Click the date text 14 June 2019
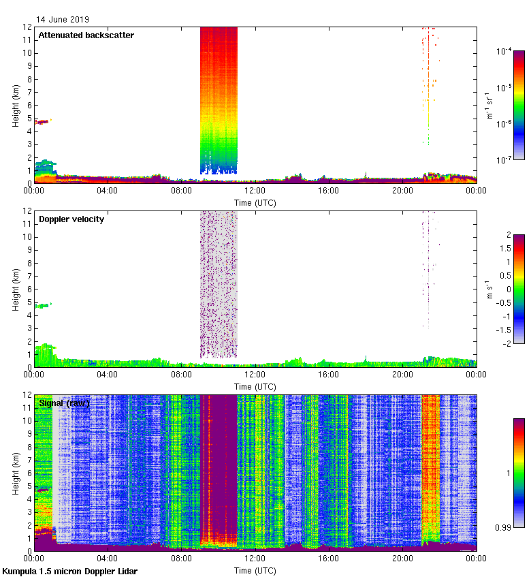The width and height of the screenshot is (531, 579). (x=63, y=20)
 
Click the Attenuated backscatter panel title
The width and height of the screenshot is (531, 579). (x=86, y=35)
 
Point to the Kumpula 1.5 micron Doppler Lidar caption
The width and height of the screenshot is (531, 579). (x=69, y=571)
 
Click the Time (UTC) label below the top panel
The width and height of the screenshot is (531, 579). (x=255, y=202)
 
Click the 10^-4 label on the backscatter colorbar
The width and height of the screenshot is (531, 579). (x=505, y=52)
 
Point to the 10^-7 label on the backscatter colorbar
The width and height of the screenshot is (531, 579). (x=505, y=160)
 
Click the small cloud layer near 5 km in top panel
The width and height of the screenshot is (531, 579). (x=43, y=122)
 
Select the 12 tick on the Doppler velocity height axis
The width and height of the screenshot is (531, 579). (x=28, y=211)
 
